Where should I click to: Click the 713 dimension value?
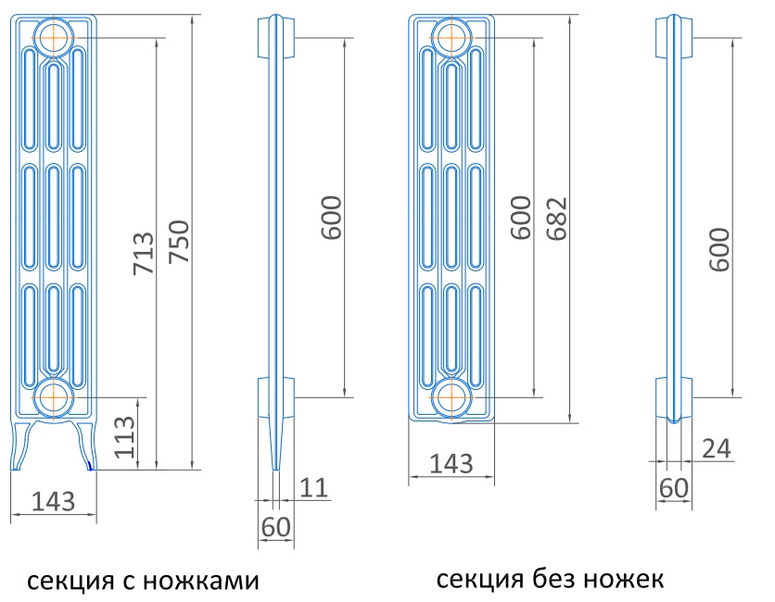pos(144,254)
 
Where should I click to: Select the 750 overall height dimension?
pos(178,241)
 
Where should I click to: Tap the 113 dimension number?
pos(123,437)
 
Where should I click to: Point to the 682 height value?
pos(556,219)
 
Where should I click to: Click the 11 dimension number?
pos(313,488)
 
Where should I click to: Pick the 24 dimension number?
pos(717,449)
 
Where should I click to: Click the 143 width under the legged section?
pos(54,501)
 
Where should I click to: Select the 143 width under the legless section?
pos(451,464)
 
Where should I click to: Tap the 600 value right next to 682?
pos(521,218)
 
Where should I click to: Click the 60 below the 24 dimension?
pos(674,488)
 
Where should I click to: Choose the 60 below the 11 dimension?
pos(276,527)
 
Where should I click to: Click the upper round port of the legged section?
pos(54,38)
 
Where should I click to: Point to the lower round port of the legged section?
pos(54,397)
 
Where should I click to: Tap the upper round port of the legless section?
pos(451,38)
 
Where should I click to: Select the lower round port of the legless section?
pos(451,397)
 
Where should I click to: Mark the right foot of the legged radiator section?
pos(85,445)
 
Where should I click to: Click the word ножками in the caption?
pos(201,582)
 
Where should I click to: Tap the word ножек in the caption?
pos(623,579)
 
